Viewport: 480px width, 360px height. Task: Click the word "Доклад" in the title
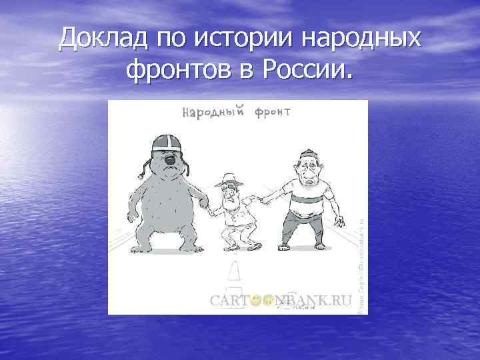click(x=103, y=38)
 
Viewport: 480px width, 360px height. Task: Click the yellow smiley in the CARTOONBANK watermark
click(x=254, y=301)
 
